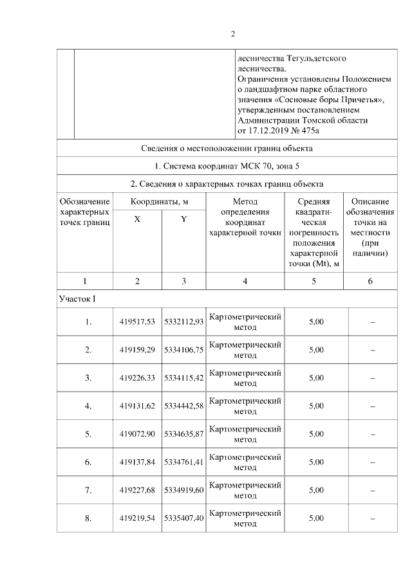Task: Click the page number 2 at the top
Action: tap(233, 34)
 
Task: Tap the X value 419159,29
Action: tap(138, 350)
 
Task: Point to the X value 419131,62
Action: tap(138, 406)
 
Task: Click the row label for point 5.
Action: tap(88, 434)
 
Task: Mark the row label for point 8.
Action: tap(88, 518)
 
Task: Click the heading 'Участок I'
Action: tap(77, 298)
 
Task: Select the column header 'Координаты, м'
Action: tap(160, 201)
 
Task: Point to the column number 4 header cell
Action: tap(245, 281)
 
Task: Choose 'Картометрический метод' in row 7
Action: tap(245, 490)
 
